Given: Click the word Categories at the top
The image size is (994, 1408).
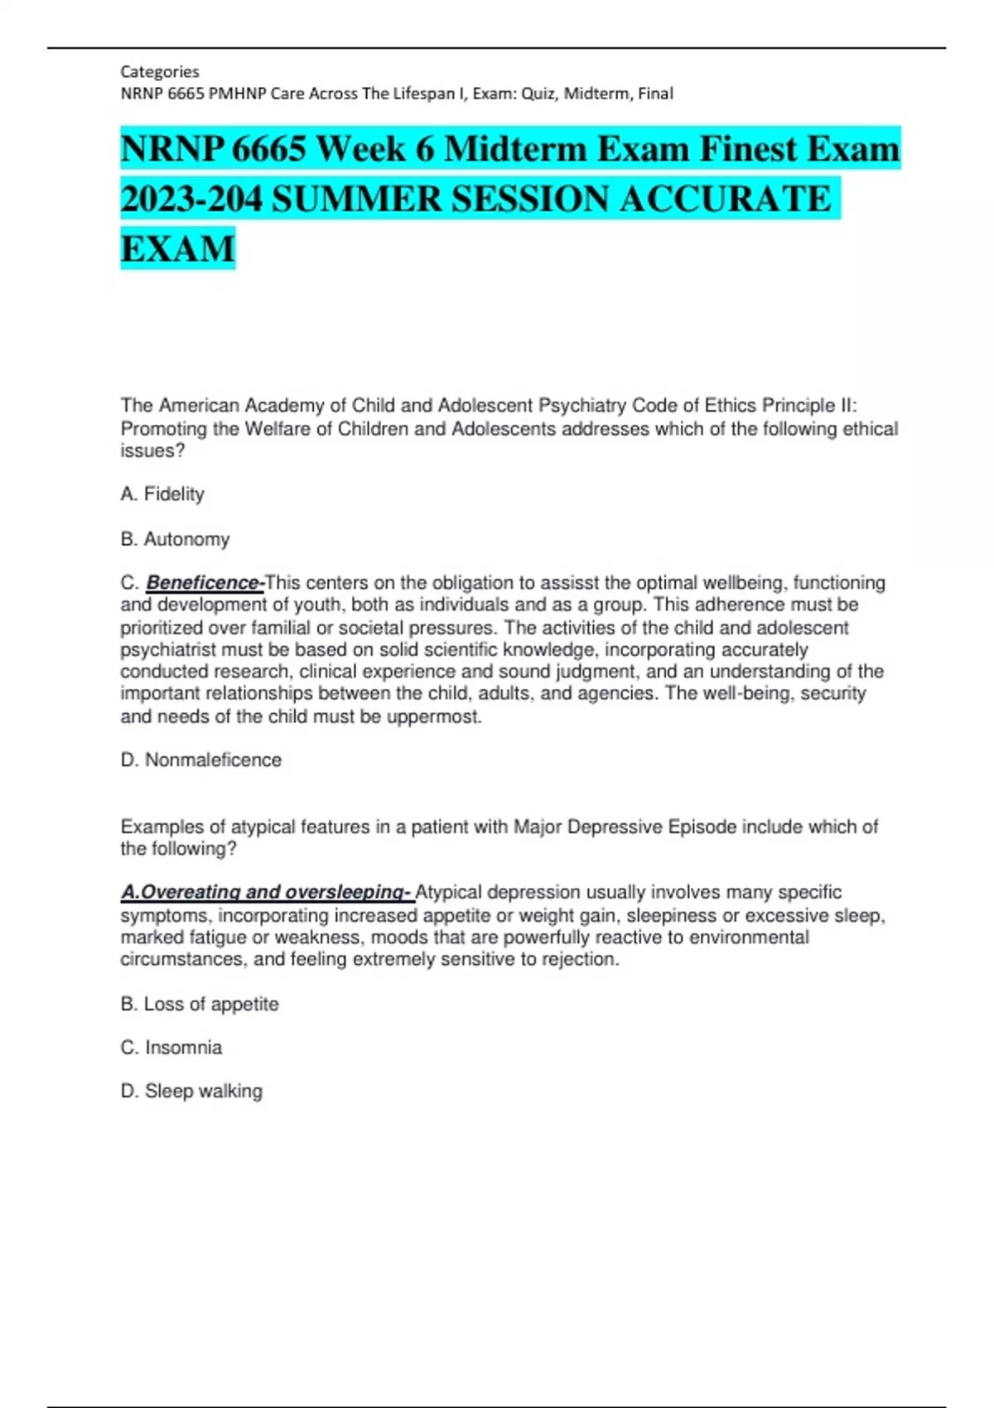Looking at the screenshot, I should click(x=160, y=71).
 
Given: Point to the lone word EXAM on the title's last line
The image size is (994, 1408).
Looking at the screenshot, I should click(x=177, y=249).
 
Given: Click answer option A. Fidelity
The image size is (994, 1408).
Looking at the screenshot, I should click(x=162, y=494).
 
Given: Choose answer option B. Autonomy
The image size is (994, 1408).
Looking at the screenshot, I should click(x=175, y=539).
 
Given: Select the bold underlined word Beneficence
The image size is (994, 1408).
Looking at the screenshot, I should click(x=204, y=583).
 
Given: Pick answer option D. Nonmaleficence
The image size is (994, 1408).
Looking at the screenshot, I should click(x=201, y=760).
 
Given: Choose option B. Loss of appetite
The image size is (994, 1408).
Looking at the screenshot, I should click(x=200, y=1004).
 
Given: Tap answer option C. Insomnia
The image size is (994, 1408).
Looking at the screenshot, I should click(x=171, y=1048).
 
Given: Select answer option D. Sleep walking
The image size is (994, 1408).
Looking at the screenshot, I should click(x=191, y=1092).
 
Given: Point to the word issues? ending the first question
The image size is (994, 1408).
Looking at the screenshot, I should click(x=152, y=451).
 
